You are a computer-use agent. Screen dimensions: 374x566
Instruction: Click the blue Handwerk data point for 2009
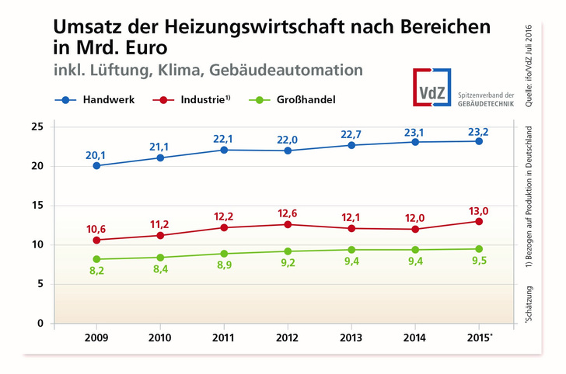click(x=96, y=165)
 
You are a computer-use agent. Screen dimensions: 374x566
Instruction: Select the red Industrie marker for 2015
click(x=479, y=221)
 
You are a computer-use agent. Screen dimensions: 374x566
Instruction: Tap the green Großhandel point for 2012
click(x=288, y=251)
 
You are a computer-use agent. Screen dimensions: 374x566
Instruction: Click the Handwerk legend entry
click(x=100, y=99)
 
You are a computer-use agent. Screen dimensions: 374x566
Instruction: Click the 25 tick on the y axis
click(x=37, y=126)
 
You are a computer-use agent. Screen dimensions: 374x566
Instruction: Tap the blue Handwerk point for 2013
click(x=351, y=145)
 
